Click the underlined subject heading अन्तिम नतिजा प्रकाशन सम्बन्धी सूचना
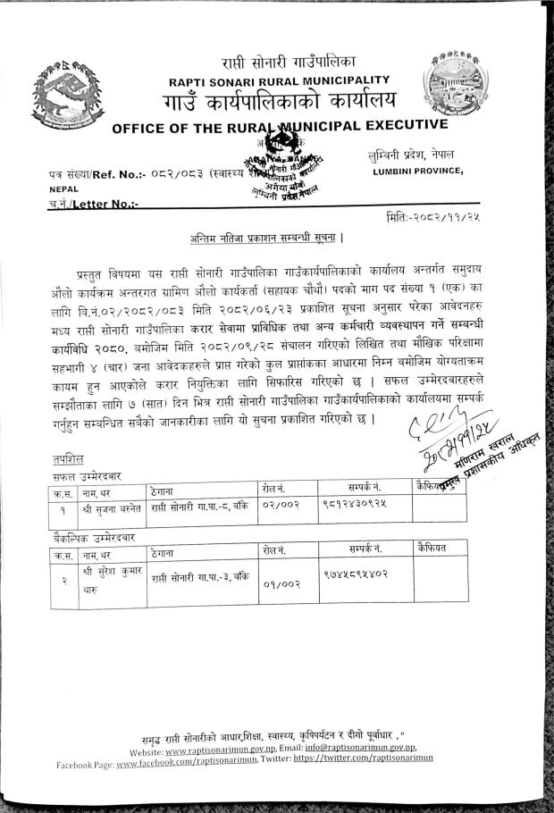[x=268, y=239]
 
